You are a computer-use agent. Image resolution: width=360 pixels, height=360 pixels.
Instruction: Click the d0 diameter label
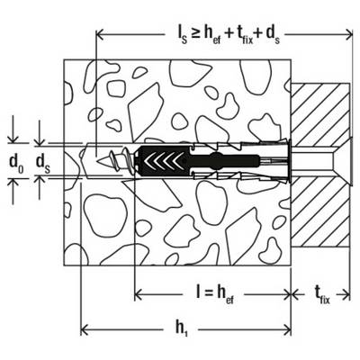[17, 163]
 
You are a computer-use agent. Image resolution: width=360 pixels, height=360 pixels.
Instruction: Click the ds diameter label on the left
[43, 163]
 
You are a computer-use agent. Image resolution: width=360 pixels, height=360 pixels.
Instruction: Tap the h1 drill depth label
[181, 328]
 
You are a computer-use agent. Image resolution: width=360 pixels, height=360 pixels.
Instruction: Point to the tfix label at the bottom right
[322, 295]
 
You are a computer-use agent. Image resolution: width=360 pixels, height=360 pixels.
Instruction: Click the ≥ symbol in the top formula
[195, 35]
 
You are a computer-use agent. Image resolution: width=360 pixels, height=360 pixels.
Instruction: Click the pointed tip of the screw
[98, 160]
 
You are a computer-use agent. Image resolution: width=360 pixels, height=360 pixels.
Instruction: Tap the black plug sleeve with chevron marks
[161, 160]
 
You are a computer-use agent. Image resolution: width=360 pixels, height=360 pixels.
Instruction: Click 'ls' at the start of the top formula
[181, 36]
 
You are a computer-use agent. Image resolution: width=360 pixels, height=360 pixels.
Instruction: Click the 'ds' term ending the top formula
[273, 36]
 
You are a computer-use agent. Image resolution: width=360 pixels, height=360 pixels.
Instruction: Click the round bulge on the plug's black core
[217, 157]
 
